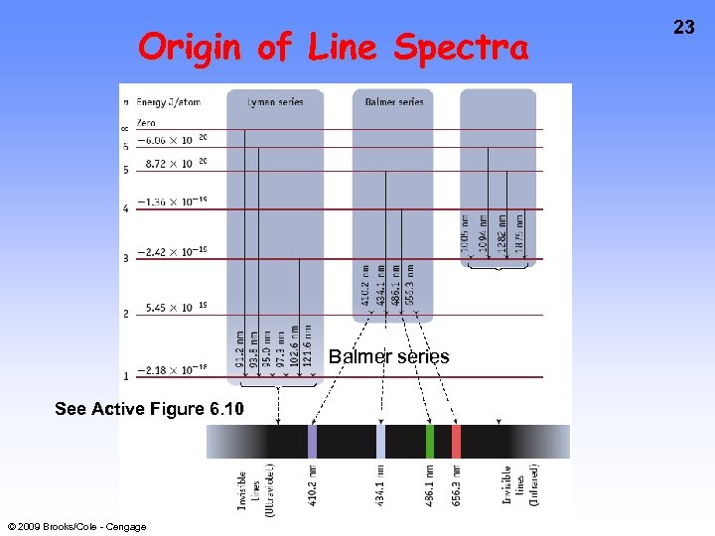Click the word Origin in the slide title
[190, 47]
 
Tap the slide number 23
[684, 28]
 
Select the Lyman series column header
[275, 101]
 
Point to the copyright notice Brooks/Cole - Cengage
[76, 527]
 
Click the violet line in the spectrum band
[313, 441]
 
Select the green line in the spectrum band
[430, 441]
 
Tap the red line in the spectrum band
[456, 441]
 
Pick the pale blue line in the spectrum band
[381, 441]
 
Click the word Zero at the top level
[146, 122]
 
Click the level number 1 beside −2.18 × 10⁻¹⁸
[125, 375]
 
